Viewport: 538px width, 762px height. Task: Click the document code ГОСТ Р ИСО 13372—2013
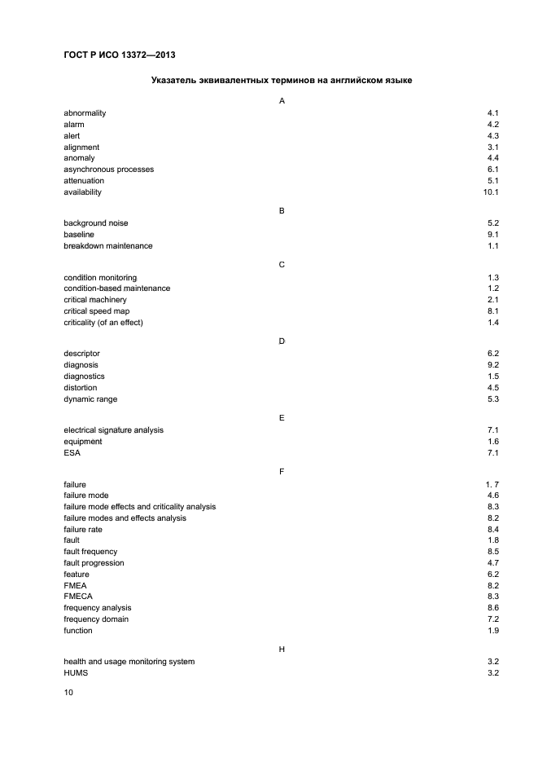120,55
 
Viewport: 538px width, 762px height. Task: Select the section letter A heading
282,101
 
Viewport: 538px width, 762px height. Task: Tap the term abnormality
85,112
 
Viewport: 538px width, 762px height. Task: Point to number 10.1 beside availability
491,192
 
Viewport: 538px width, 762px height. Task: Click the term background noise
96,223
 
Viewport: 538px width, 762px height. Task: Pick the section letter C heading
282,266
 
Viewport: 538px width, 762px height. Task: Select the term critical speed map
97,311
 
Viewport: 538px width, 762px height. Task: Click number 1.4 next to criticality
493,323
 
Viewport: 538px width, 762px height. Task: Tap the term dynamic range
90,399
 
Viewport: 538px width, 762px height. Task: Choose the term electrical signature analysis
119,429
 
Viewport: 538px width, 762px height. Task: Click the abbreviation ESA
72,452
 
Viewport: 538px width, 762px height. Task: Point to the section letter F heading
282,472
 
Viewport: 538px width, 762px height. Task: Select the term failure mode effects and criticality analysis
140,507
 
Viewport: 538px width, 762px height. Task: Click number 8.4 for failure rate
493,529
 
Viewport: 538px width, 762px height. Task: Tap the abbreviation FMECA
77,597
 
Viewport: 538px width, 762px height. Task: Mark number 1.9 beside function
493,631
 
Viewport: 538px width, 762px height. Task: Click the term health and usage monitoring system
129,662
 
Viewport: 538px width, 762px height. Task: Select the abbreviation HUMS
76,673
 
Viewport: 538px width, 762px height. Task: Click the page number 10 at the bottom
68,693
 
